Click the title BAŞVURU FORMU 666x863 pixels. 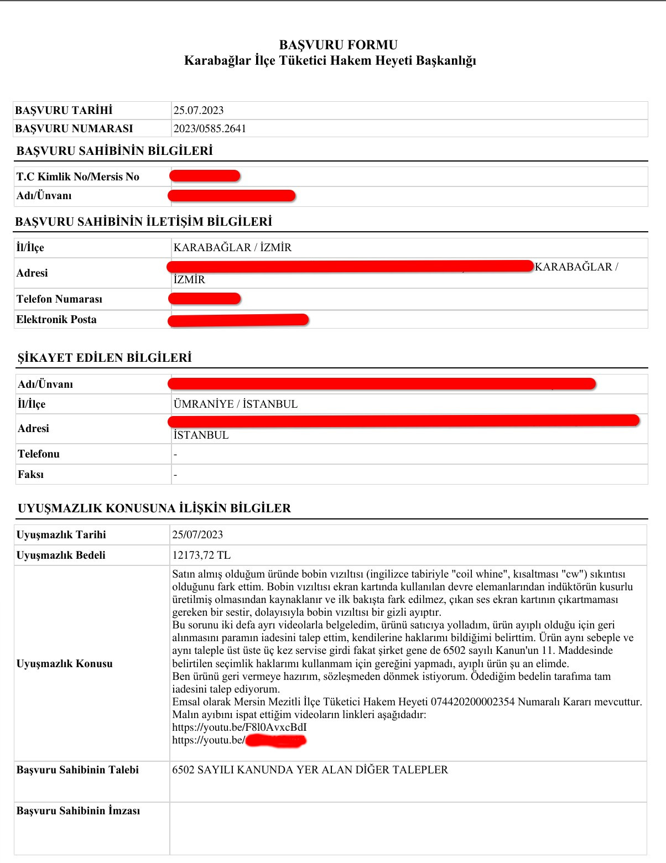[338, 45]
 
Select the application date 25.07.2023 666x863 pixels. [199, 110]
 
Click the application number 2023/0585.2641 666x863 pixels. [210, 128]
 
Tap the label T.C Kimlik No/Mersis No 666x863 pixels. [77, 176]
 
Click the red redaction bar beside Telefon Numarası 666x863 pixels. [204, 299]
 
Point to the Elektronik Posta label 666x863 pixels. [56, 319]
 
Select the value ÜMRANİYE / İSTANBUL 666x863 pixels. [236, 404]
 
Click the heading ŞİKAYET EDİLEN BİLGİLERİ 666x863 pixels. [105, 357]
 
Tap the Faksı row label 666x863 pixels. [30, 474]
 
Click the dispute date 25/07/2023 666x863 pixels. [197, 534]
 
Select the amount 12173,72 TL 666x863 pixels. [201, 555]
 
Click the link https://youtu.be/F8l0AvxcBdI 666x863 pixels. [239, 727]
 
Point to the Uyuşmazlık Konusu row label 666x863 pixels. [65, 663]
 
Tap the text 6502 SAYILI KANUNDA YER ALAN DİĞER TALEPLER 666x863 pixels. [310, 770]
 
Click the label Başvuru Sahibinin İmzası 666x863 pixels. [78, 810]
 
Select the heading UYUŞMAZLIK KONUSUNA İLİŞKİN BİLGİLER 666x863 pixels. [154, 508]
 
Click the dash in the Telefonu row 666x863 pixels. [175, 454]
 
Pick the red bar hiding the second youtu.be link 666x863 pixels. [275, 740]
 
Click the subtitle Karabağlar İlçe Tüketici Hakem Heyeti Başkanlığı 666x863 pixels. [330, 60]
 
